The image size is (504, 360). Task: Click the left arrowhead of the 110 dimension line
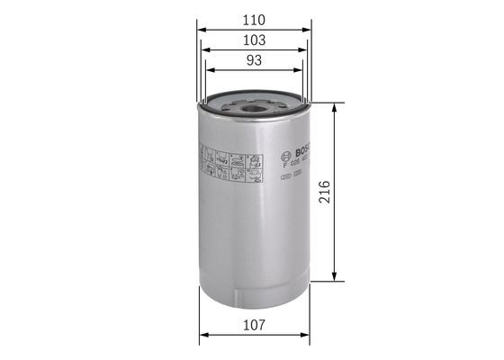(201, 29)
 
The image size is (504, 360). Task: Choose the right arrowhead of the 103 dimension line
(306, 50)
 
